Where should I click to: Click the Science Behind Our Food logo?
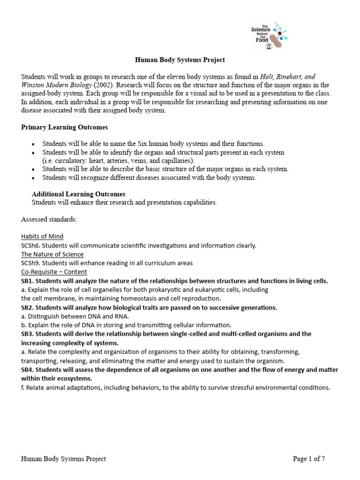click(x=269, y=36)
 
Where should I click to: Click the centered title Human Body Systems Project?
click(x=180, y=60)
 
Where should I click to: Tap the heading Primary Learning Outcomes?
click(x=65, y=127)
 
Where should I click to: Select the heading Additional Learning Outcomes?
click(x=78, y=194)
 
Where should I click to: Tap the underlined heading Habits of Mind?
click(x=42, y=236)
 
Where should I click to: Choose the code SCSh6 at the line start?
click(x=31, y=245)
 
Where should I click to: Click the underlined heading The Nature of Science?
click(x=52, y=254)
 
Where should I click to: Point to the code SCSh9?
click(x=31, y=263)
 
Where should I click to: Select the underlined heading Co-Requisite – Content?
click(x=54, y=272)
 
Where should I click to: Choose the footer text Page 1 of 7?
click(x=308, y=459)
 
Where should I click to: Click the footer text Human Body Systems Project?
click(x=63, y=459)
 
